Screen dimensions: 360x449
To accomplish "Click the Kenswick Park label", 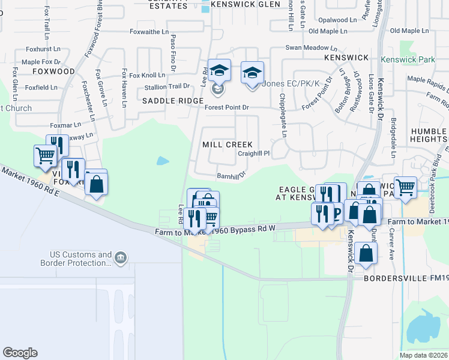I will coord(407,60).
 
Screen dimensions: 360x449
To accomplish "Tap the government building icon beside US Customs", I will coord(121,259).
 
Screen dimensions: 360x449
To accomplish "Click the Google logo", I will coord(20,353).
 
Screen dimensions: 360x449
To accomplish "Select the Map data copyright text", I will coord(423,355).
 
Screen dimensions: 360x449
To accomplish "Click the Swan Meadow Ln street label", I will coord(312,47).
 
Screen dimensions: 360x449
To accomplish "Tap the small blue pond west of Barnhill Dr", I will coord(162,161).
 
